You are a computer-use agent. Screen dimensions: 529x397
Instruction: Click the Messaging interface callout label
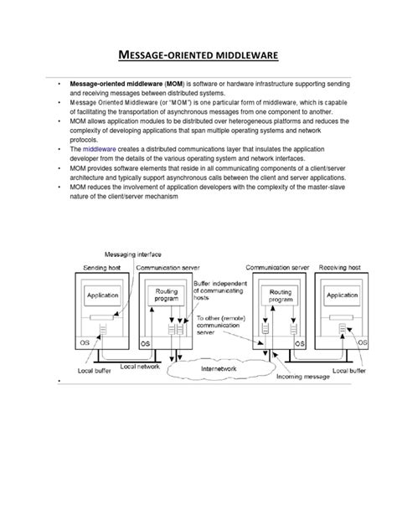131,254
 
